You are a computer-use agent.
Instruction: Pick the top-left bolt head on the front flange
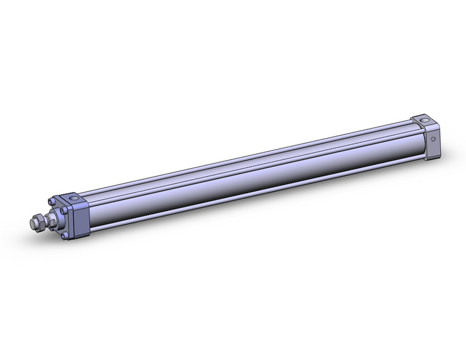52,201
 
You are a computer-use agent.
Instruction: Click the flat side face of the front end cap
81,220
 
